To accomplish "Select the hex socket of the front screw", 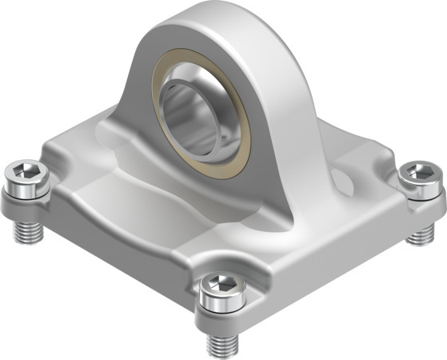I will tap(220, 284).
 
